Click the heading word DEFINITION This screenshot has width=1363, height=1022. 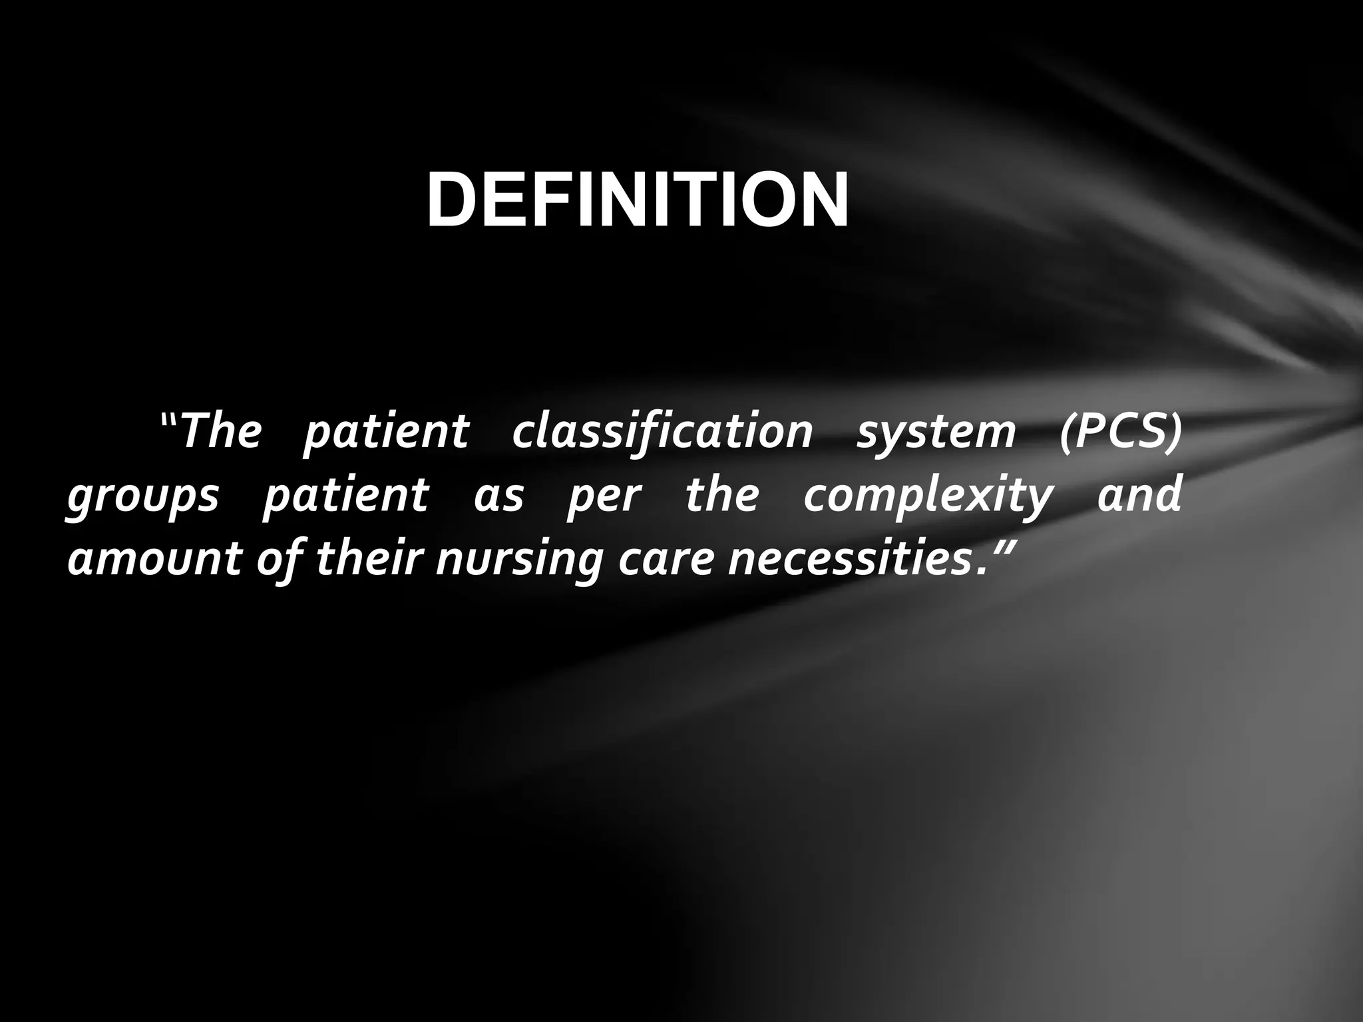click(x=637, y=200)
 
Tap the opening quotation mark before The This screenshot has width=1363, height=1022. click(x=169, y=421)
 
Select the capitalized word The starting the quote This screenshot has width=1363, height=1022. click(x=220, y=431)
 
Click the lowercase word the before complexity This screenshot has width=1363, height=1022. click(x=721, y=495)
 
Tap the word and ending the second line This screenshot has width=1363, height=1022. click(x=1139, y=495)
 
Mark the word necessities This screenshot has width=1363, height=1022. click(x=845, y=559)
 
